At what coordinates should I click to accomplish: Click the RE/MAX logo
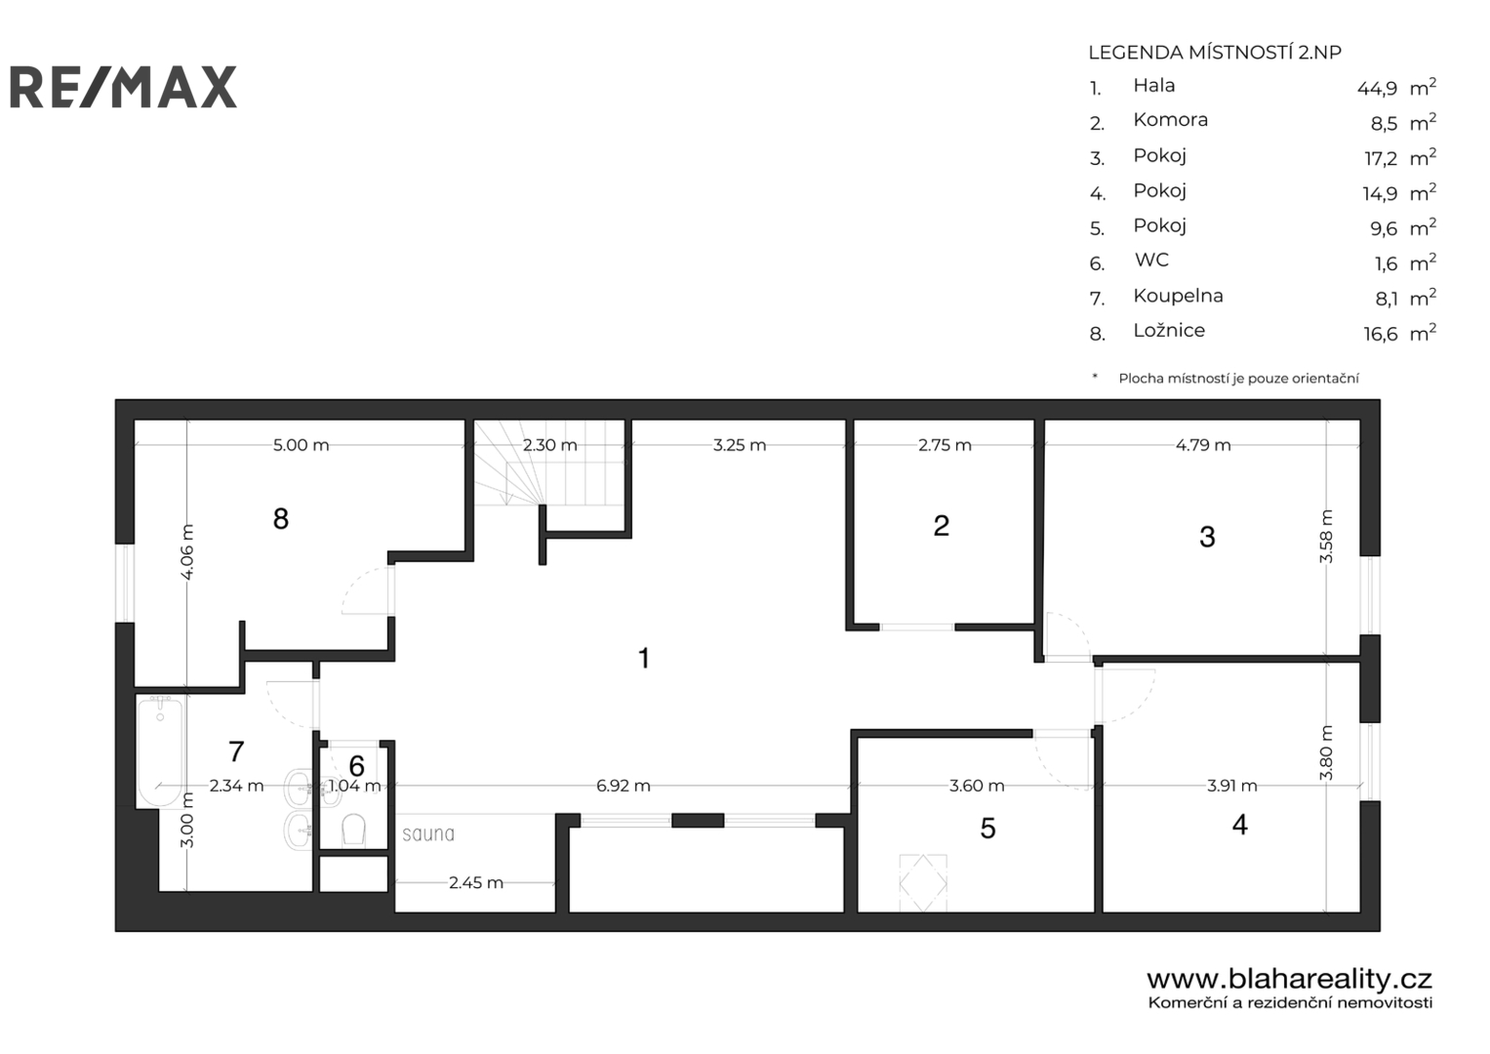123,87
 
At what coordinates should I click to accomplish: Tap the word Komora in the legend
1170,120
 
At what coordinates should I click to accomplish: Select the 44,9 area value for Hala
1377,89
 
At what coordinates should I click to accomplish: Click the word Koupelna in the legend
1178,296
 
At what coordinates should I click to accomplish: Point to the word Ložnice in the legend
1169,330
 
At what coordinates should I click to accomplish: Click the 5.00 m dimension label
301,444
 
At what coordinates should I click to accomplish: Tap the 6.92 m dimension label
623,786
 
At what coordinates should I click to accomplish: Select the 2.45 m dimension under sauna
475,882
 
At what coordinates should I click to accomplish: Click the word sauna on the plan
428,833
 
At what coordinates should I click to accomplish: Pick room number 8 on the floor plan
281,518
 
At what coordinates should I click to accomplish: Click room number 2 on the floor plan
942,526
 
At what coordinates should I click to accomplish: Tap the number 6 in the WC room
356,766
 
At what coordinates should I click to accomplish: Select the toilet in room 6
353,831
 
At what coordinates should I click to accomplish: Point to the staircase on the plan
549,463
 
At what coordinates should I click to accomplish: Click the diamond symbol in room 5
923,883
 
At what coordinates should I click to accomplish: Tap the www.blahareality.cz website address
1289,979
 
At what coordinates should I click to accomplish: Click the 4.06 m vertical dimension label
187,551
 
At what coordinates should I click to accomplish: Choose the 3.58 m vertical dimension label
1326,537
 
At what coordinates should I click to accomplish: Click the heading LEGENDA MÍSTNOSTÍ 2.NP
1215,53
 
